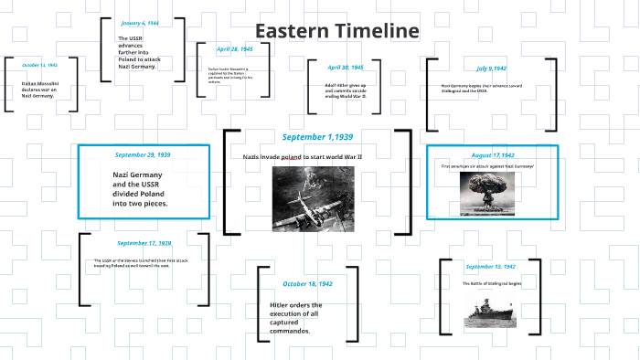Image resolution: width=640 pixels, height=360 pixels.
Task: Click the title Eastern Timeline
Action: coord(336,31)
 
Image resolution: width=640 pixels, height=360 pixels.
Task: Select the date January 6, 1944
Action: coord(140,22)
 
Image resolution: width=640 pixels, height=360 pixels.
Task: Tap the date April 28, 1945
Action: coord(235,49)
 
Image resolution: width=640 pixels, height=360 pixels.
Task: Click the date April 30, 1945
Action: coord(346,68)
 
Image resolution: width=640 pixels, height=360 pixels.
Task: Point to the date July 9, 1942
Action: coord(492,69)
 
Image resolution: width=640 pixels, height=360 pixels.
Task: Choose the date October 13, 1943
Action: coord(39,66)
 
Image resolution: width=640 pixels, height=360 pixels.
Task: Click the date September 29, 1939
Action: coord(143,154)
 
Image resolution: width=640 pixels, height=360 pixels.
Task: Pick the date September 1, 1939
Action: coord(317,137)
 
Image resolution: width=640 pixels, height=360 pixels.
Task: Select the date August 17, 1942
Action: coord(493,155)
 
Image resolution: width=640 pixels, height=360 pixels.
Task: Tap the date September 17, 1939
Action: coord(144,243)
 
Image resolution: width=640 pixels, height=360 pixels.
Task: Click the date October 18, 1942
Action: coord(307,284)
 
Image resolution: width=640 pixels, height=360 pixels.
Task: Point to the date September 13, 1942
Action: coord(491,267)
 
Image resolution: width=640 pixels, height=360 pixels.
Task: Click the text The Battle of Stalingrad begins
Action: coord(491,284)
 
